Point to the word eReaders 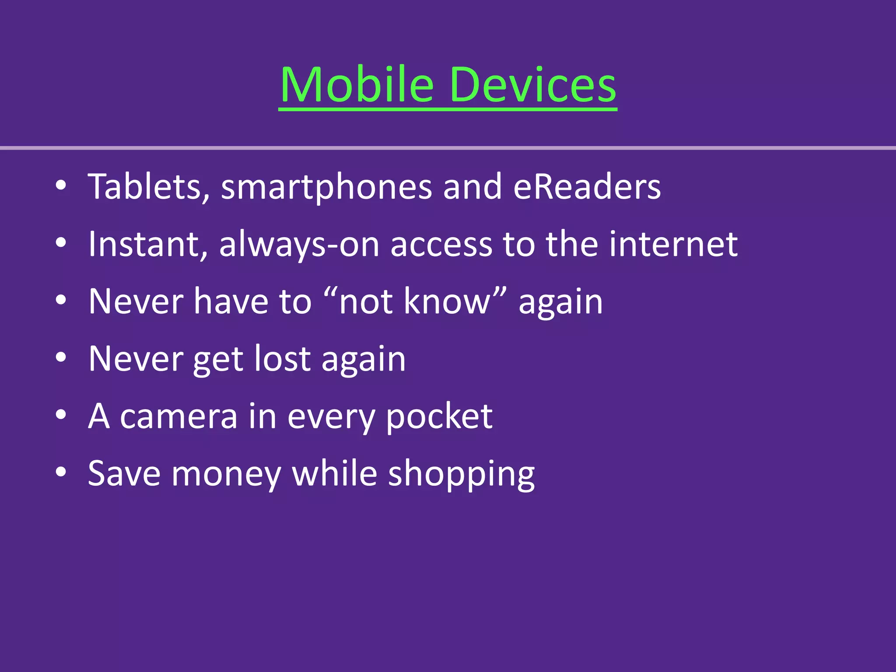pos(587,187)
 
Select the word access pos(441,245)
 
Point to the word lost pos(283,359)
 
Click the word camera pos(179,416)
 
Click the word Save pos(124,474)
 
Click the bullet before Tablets pos(61,186)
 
